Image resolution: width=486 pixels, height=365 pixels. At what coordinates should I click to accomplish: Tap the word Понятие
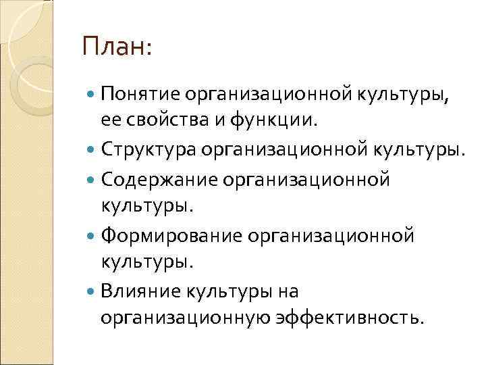(141, 97)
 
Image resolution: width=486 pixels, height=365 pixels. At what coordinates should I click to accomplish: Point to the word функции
(273, 122)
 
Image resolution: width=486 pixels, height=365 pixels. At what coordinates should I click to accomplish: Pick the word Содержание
(155, 179)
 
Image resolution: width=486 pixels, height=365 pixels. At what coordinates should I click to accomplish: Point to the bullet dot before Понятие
(92, 97)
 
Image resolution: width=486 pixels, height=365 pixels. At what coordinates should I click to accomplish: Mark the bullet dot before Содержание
(92, 180)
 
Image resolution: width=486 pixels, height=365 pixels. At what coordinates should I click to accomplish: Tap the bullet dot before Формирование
(92, 237)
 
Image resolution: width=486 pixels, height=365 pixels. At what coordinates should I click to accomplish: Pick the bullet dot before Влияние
(92, 293)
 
